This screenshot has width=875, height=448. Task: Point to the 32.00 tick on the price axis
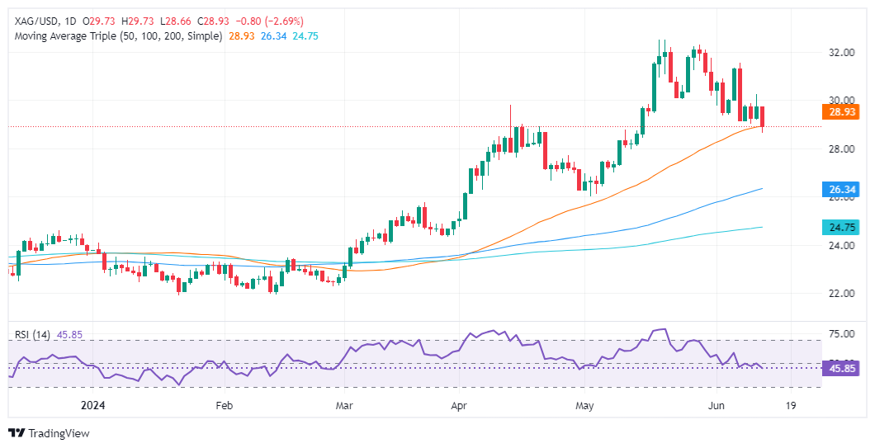click(841, 53)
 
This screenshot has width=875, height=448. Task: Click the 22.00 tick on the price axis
click(841, 294)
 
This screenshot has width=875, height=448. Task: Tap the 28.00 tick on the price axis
click(841, 149)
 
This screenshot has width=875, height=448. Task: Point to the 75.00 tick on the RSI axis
click(841, 334)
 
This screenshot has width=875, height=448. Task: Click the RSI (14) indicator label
click(33, 335)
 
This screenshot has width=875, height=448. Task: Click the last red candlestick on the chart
click(763, 117)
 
